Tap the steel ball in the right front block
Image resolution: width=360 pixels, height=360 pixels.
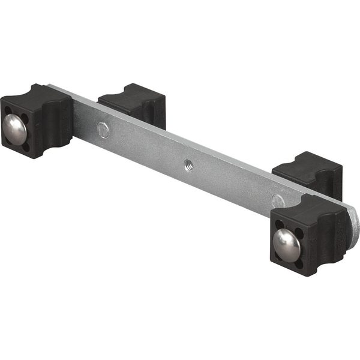tap(286, 242)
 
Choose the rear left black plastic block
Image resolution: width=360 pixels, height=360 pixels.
tap(133, 103)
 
